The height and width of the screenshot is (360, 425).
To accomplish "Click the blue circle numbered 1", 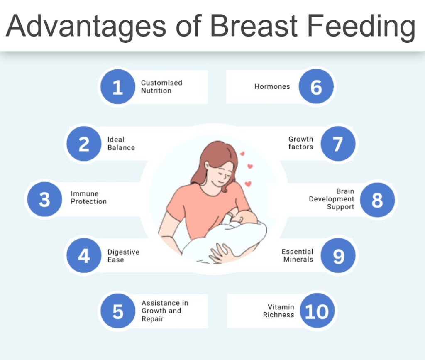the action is [x=117, y=87].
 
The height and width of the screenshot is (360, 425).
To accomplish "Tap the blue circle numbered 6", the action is [x=316, y=86].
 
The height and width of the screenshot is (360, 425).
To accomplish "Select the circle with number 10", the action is [x=317, y=311].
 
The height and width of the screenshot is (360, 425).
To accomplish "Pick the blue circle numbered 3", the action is [x=45, y=199].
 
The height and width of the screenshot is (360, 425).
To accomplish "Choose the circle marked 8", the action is [x=377, y=200].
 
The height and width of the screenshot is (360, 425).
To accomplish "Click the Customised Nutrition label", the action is [x=161, y=87].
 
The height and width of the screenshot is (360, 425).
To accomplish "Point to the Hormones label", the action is [x=272, y=86].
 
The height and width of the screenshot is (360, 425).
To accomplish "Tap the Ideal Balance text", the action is [x=121, y=143].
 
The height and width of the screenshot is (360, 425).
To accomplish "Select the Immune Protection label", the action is [x=89, y=198].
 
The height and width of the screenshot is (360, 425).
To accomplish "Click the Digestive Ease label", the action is [x=123, y=256].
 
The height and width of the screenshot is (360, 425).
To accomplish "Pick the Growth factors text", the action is [x=300, y=143].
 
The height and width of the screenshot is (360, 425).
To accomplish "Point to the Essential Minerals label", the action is [x=297, y=255].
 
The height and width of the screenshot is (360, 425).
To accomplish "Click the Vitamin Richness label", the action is [x=278, y=311].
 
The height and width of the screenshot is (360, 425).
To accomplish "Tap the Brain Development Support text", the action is [x=332, y=199].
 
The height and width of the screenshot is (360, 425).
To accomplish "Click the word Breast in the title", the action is [x=254, y=26].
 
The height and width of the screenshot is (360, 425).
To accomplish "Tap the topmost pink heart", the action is [x=242, y=154].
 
